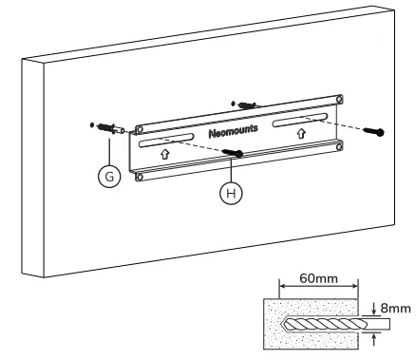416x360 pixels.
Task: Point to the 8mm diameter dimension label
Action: tap(391, 307)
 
